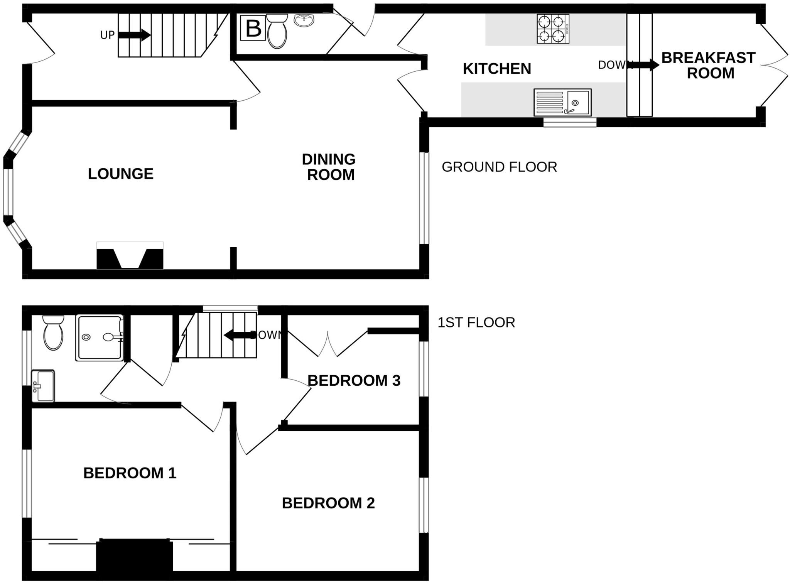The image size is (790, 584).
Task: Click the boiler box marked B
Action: click(253, 28)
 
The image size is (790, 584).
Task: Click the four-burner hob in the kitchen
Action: click(553, 29)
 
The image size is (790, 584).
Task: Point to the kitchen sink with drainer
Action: click(562, 103)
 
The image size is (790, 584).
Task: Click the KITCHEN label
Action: click(497, 69)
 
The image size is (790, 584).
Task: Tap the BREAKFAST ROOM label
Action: click(709, 65)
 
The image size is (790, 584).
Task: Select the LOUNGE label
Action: click(120, 174)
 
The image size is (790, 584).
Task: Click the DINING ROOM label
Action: click(329, 167)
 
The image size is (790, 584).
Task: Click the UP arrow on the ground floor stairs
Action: click(134, 35)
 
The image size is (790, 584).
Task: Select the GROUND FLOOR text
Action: click(499, 167)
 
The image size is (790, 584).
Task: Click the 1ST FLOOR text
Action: click(476, 322)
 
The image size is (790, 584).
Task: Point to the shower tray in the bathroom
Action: click(100, 338)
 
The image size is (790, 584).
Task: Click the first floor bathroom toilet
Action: click(53, 333)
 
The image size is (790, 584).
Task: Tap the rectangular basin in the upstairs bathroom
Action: click(43, 386)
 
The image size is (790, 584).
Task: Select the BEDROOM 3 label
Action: click(354, 381)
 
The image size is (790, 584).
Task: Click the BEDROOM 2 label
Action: click(328, 503)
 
